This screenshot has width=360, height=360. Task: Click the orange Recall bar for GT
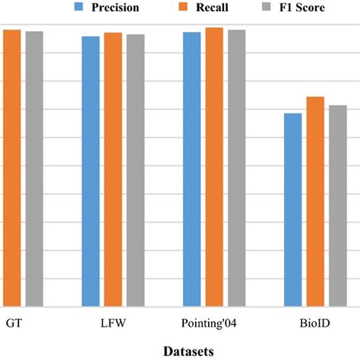point(11,167)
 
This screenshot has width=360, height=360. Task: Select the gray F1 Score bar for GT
point(34,168)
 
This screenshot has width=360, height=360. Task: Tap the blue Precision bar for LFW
point(90,170)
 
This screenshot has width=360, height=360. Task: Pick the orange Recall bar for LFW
point(113,169)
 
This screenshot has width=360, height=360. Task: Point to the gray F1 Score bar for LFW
point(135,169)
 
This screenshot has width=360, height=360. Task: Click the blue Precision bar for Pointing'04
point(191,168)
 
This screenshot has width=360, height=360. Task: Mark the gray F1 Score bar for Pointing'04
point(236,167)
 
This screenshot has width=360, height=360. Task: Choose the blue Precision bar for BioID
point(292,209)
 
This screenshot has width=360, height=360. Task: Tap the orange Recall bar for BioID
point(315,201)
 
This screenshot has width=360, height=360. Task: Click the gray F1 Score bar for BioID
point(337,205)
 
